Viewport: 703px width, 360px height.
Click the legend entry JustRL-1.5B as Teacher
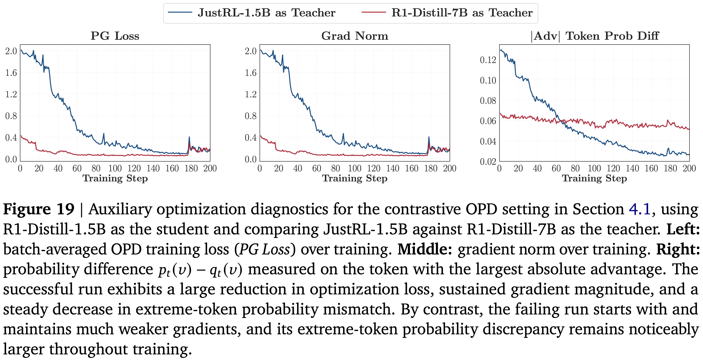pyautogui.click(x=266, y=13)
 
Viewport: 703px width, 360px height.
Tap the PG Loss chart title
pyautogui.click(x=115, y=36)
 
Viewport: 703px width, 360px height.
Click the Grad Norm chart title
pyautogui.click(x=355, y=36)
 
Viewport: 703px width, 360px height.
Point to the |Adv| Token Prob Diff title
pyautogui.click(x=594, y=36)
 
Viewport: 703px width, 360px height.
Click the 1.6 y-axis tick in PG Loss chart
pyautogui.click(x=11, y=73)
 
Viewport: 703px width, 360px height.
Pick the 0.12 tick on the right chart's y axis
pyautogui.click(x=488, y=60)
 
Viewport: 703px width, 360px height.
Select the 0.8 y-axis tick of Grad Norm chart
pyautogui.click(x=250, y=116)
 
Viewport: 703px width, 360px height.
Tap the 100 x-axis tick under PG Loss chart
pyautogui.click(x=115, y=168)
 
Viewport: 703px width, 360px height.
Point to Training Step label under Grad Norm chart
pyautogui.click(x=355, y=178)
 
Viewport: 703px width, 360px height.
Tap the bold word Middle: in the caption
pyautogui.click(x=425, y=249)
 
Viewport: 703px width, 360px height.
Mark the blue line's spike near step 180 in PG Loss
pyautogui.click(x=189, y=137)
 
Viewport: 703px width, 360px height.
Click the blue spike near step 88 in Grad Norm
pyautogui.click(x=343, y=134)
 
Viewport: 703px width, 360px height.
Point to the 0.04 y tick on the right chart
pyautogui.click(x=488, y=141)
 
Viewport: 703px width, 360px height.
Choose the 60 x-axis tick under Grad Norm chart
pyautogui.click(x=317, y=168)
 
